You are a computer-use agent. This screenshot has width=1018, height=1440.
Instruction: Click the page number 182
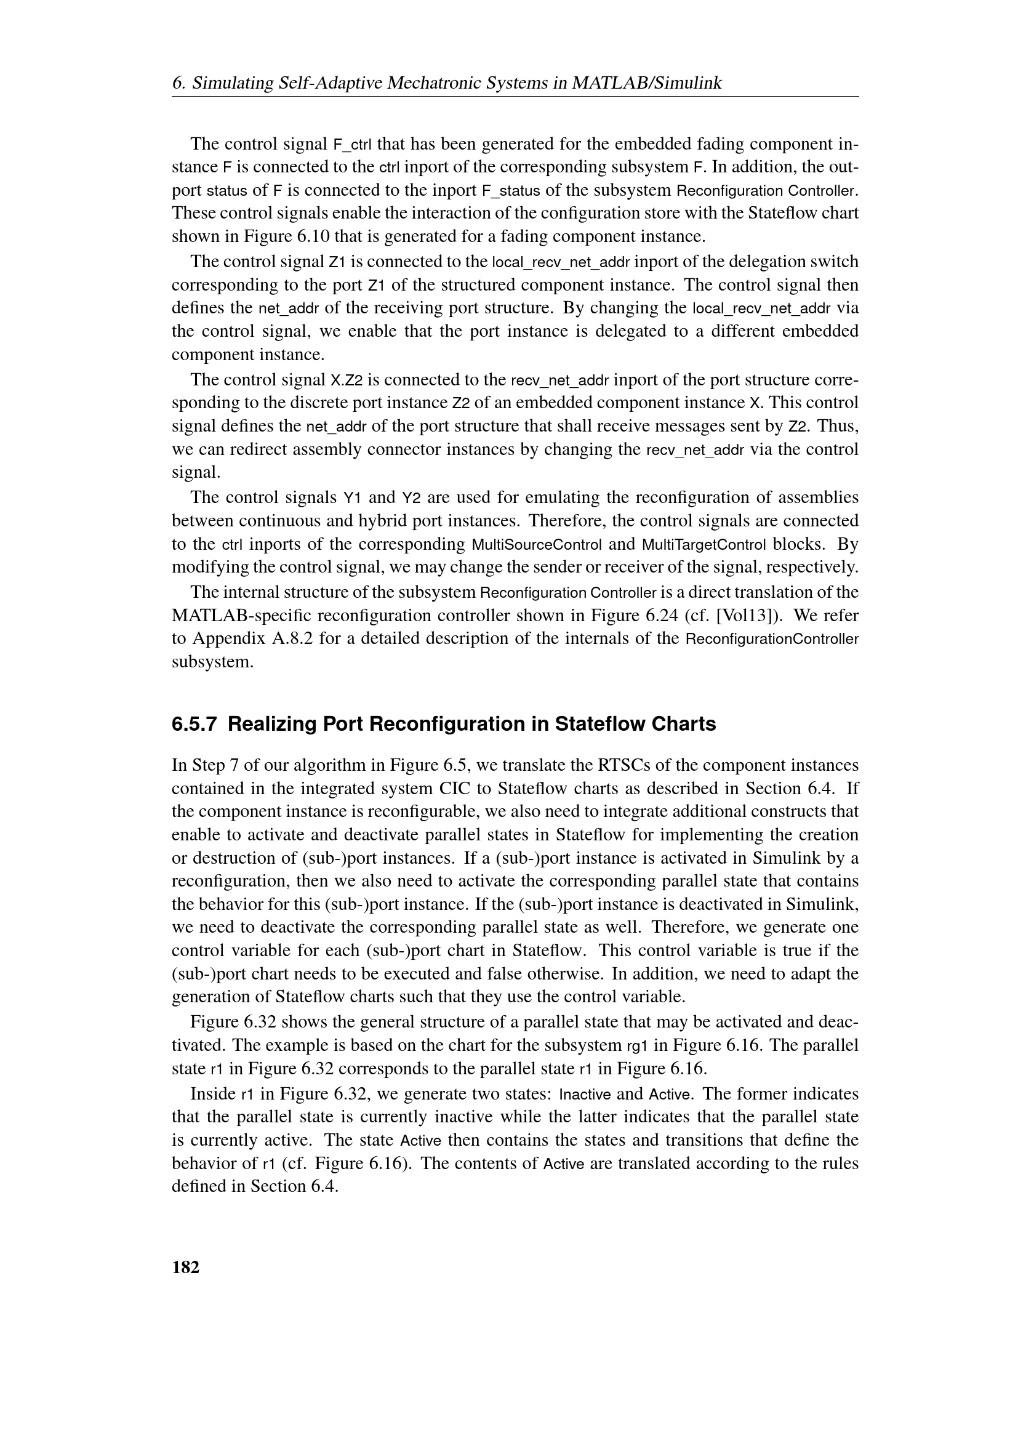coord(185,1267)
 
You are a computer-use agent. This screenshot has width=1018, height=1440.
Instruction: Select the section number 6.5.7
coord(194,725)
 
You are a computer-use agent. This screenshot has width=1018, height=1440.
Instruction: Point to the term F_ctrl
coord(352,144)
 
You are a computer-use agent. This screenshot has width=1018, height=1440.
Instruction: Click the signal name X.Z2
coord(347,380)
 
